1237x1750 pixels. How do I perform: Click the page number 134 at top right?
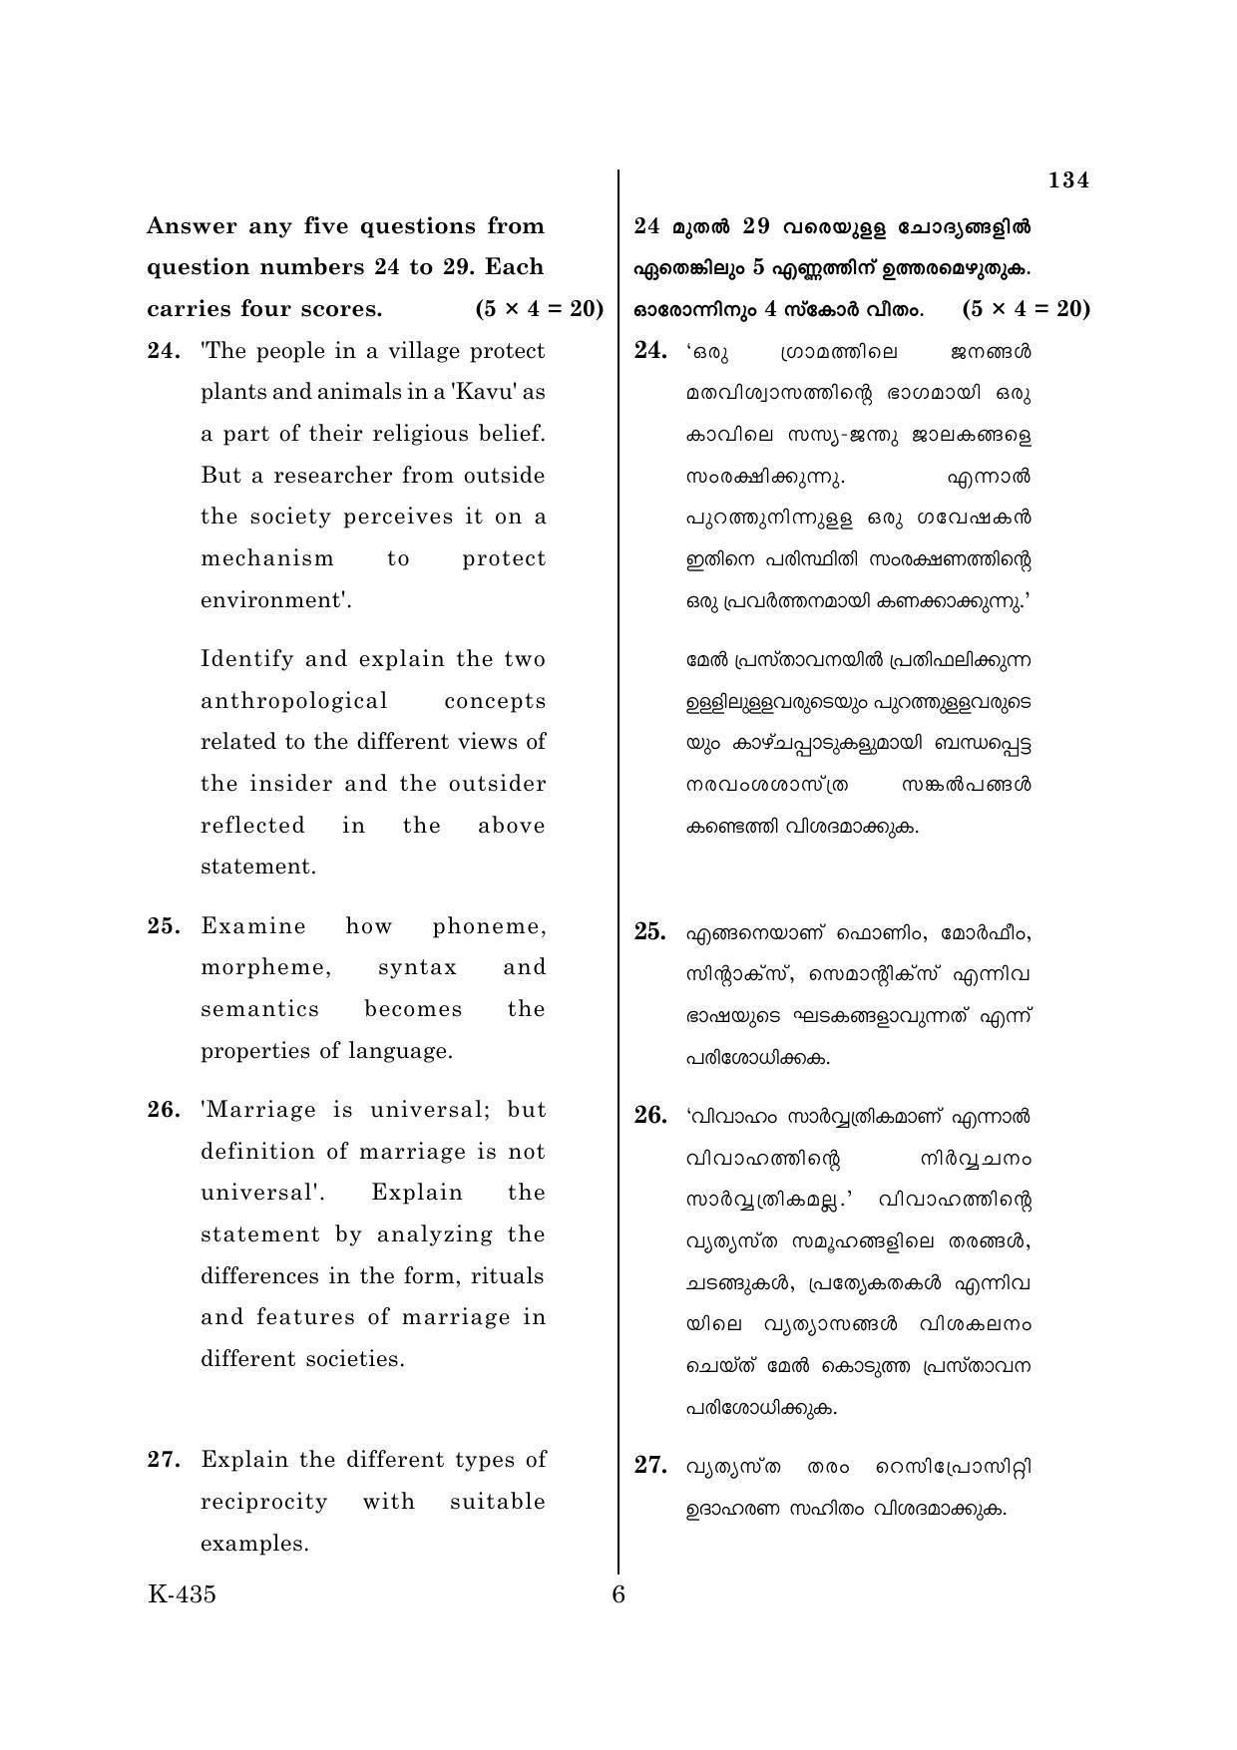coord(1068,180)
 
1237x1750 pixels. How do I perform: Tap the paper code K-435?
coord(182,1593)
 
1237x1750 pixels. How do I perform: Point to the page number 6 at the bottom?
coord(618,1594)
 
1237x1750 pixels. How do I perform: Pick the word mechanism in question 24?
coord(267,558)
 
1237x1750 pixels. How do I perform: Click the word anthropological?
coord(294,700)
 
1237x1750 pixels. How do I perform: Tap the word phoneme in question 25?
coord(489,926)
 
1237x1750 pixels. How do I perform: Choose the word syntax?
coord(417,967)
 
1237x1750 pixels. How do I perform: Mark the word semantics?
coord(260,1009)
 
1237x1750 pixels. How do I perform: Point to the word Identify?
coord(245,659)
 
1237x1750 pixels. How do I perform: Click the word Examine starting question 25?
coord(253,926)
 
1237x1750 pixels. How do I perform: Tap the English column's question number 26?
coord(164,1110)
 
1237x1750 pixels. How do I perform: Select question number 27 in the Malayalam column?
coord(650,1465)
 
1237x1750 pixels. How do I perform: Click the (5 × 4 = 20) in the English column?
coord(540,309)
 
